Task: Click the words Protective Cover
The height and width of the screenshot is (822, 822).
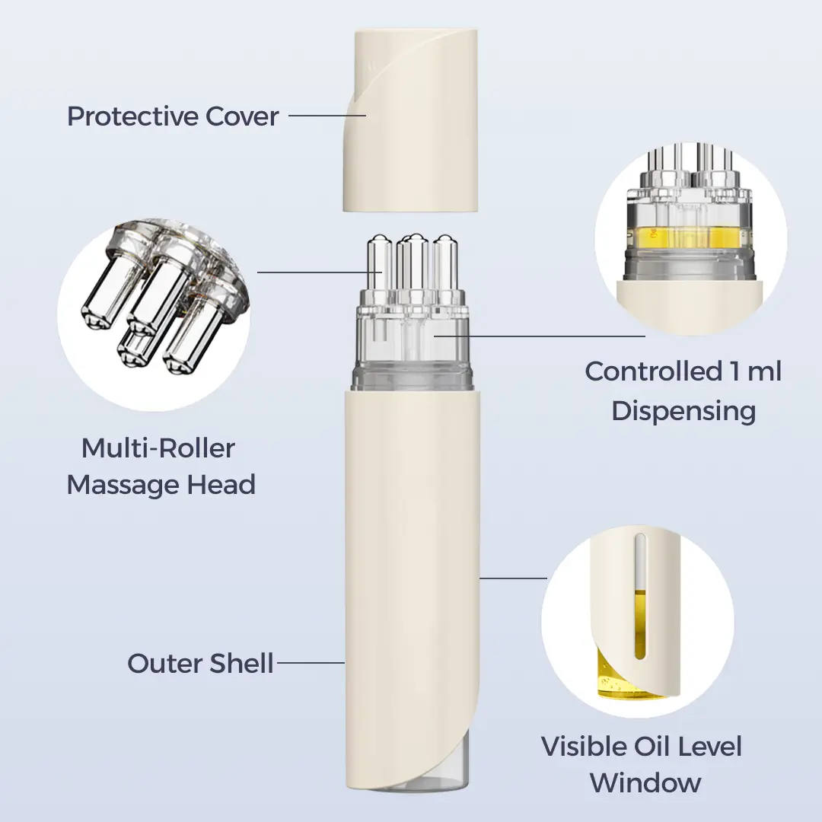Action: coord(173,116)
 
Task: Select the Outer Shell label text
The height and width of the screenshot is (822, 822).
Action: coord(200,663)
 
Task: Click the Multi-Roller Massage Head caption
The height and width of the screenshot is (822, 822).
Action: coord(161,466)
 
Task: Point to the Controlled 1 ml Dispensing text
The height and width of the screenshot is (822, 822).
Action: coord(683,391)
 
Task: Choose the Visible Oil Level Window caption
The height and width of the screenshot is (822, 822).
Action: coord(642,763)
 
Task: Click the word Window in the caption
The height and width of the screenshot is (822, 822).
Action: coord(645,782)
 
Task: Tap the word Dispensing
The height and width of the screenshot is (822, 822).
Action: coord(683,411)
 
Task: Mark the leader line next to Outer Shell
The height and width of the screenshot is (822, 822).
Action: coord(311,663)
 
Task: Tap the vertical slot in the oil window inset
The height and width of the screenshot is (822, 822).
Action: coord(640,594)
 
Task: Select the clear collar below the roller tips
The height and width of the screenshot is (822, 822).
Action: coord(414,350)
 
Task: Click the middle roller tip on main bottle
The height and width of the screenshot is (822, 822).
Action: coord(415,263)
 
